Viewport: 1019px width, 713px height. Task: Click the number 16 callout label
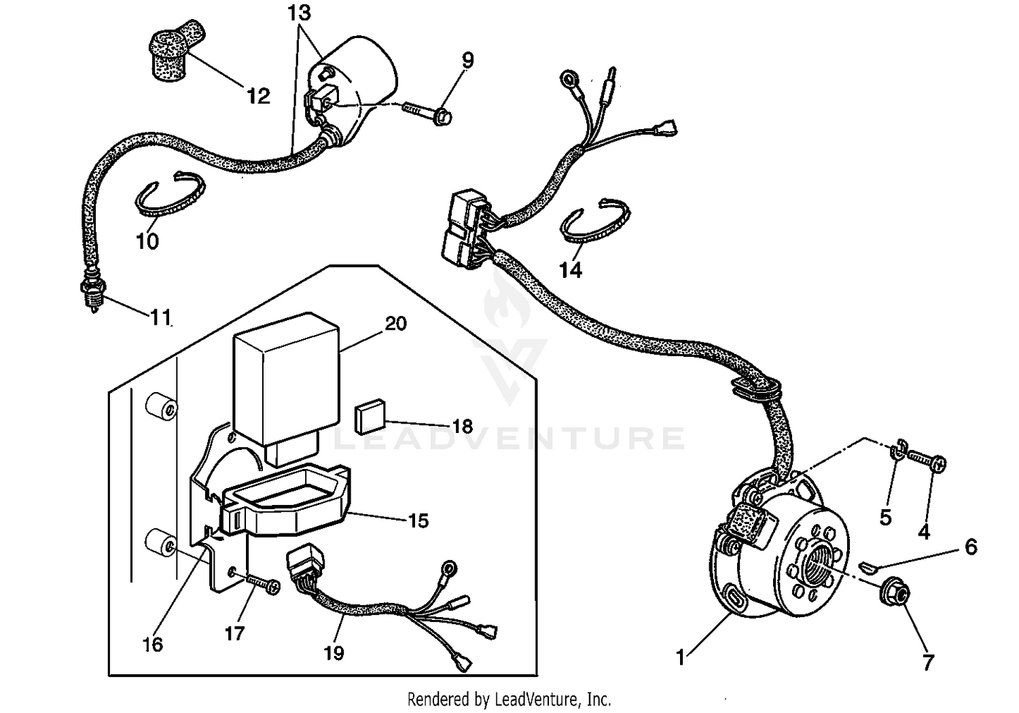coord(153,644)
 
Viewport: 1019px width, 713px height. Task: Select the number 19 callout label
coord(334,653)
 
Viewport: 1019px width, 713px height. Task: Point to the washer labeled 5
coord(897,451)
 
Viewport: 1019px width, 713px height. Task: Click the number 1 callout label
coord(681,657)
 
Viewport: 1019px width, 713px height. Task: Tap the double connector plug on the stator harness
coord(464,228)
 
